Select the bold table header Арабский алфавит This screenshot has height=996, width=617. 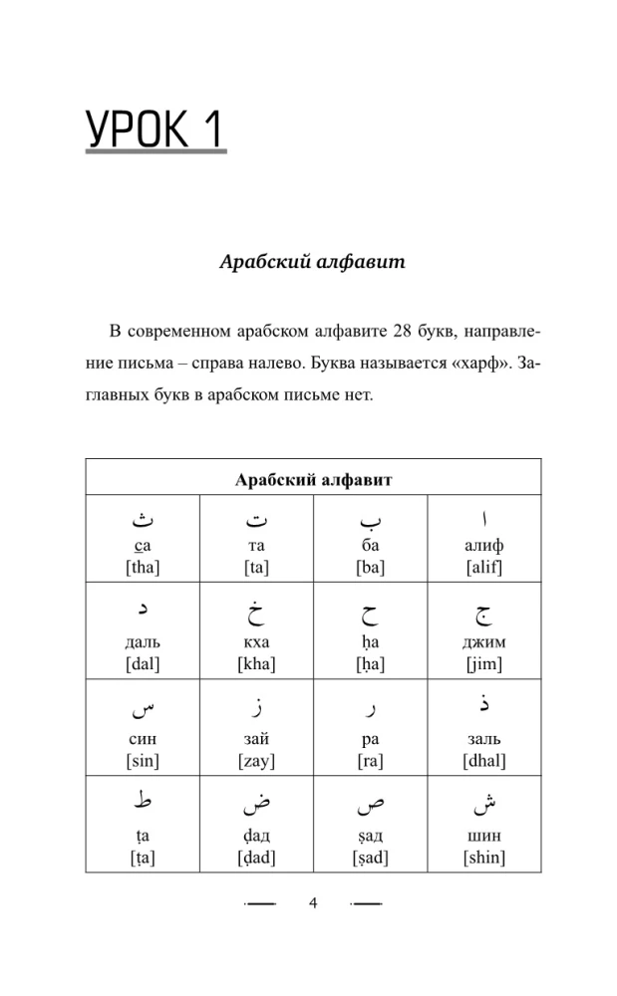tap(313, 480)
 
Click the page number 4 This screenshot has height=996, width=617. tap(312, 903)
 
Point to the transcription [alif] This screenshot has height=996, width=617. tap(484, 568)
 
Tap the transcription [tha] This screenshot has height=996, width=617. tap(143, 568)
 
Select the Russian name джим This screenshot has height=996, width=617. tap(484, 642)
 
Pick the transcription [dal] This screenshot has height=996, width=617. tap(143, 664)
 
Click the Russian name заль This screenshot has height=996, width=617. tap(484, 739)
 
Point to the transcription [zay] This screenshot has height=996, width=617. tap(257, 761)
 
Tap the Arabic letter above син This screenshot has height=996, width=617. tap(143, 710)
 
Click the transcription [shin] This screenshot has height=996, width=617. tap(484, 858)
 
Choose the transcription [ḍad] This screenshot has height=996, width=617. tap(257, 858)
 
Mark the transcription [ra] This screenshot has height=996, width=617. tap(371, 761)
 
